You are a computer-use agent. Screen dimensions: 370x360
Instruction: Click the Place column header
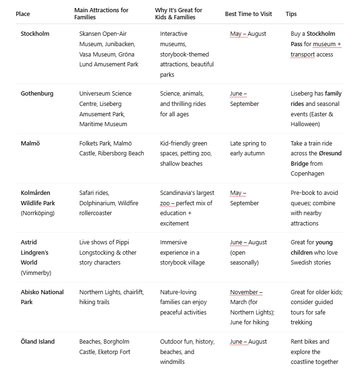23,14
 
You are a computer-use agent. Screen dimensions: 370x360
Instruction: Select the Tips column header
291,14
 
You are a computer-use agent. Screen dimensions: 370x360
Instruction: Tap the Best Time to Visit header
248,14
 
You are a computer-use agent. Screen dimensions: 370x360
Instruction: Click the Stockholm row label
35,34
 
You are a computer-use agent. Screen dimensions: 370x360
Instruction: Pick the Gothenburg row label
37,94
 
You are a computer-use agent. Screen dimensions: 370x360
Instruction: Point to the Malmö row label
31,144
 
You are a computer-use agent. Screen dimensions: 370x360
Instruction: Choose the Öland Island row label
38,342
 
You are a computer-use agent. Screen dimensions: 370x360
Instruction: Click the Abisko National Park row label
42,297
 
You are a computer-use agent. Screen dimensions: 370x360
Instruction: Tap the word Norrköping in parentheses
38,213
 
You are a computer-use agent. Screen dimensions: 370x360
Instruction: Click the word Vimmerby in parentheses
36,273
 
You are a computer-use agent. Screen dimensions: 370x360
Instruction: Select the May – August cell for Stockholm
248,34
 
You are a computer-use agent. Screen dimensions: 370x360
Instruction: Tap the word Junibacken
120,44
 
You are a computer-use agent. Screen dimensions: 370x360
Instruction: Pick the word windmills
172,362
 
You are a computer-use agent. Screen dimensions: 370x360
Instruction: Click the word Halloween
304,124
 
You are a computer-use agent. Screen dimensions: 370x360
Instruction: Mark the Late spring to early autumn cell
248,148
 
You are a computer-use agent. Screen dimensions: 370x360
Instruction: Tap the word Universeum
97,94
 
